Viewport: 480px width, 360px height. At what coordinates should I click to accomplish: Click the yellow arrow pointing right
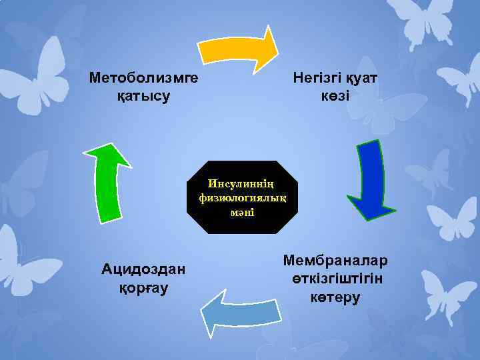237,51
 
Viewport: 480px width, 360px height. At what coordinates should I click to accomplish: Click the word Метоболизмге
143,79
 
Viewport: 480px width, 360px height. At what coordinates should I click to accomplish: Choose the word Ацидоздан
143,269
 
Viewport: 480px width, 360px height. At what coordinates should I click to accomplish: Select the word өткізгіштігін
337,277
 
